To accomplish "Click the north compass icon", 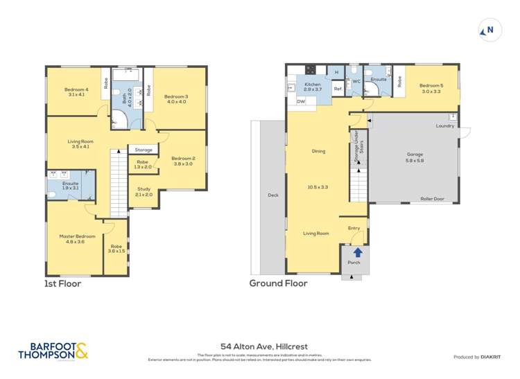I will pos(489,30).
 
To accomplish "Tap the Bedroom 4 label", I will pos(76,89).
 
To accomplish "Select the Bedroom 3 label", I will pos(176,96).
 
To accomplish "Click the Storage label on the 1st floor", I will pos(144,150).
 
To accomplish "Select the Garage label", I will pos(415,155).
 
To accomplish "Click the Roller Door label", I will pos(432,199).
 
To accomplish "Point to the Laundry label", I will pos(444,125).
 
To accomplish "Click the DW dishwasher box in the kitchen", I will pos(300,102).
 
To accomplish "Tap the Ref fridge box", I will pos(338,89).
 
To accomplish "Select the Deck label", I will pos(272,195).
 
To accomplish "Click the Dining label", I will pos(319,151).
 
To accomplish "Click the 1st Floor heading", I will pos(63,283).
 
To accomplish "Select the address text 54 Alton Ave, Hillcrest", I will pos(259,346).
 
